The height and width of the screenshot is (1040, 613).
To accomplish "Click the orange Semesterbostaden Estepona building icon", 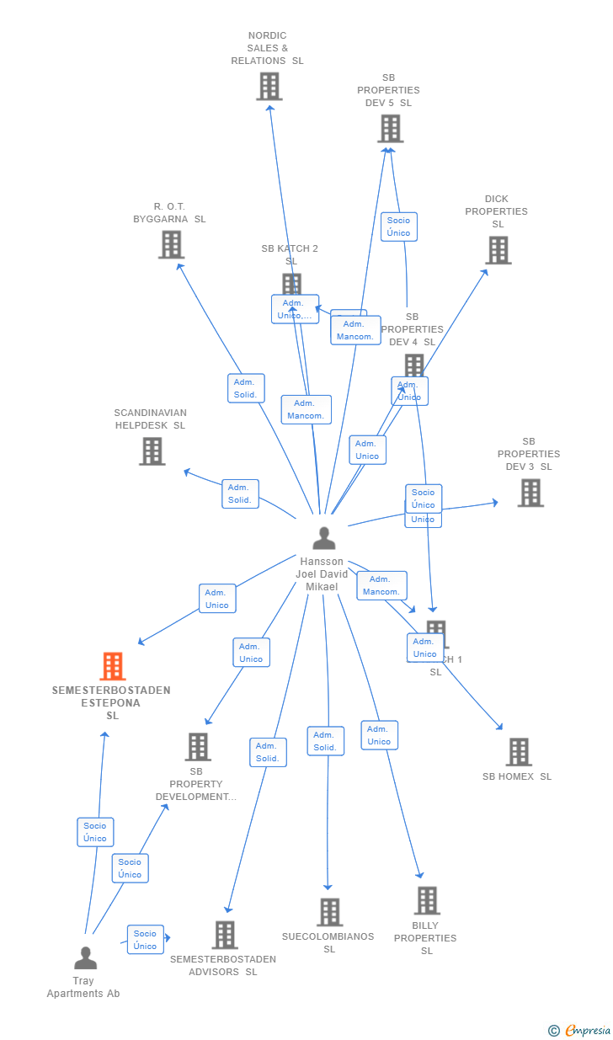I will tap(113, 666).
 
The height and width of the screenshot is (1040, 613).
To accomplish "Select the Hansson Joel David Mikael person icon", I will tap(324, 538).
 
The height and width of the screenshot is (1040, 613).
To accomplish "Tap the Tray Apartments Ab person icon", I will tap(85, 958).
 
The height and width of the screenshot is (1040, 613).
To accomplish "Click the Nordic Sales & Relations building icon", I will tap(269, 87).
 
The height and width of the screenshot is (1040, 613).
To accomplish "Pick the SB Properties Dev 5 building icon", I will tap(390, 129).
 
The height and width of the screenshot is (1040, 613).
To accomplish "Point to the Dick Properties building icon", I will tap(498, 250).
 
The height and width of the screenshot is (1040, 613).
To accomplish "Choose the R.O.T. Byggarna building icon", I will tap(171, 245).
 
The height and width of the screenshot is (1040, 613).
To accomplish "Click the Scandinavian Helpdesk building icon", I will tap(152, 451).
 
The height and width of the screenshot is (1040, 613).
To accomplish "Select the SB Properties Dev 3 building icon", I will tap(530, 493).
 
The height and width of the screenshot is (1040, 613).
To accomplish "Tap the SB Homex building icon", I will tap(518, 752).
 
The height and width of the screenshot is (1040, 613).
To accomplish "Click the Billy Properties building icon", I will tap(427, 900).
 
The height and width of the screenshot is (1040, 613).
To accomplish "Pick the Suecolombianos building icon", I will tap(329, 912).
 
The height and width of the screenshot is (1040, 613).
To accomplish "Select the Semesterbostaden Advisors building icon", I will tap(225, 935).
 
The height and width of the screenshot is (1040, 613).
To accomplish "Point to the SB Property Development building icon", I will tap(198, 747).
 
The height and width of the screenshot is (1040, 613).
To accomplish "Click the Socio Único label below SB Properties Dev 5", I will tap(398, 227).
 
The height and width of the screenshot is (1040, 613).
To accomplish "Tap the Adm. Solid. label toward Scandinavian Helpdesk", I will tap(240, 493).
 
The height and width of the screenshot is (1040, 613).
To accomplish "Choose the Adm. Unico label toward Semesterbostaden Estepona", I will tap(217, 599).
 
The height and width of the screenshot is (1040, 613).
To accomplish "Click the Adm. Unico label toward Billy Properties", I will tap(379, 735).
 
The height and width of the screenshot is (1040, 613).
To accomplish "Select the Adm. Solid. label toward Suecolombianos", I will tap(325, 741).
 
